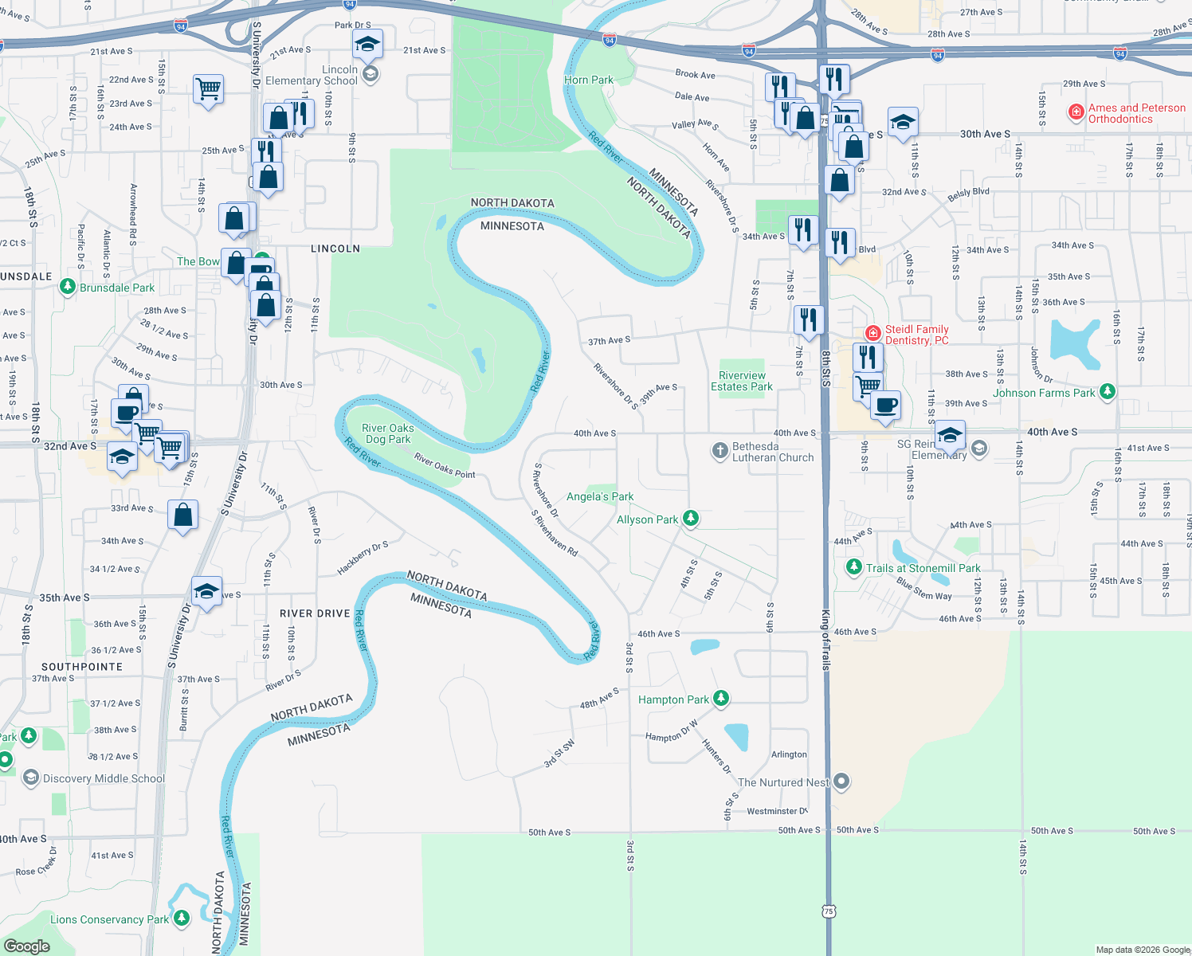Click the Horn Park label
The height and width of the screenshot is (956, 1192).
(589, 80)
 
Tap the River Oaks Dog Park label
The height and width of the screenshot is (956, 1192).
(388, 433)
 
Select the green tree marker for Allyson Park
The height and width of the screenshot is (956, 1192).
(691, 519)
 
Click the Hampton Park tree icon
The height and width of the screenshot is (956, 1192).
(721, 699)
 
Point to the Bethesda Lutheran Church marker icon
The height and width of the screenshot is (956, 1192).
(720, 452)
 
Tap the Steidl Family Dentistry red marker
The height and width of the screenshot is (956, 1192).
(873, 334)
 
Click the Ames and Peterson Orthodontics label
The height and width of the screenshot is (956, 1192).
(1136, 113)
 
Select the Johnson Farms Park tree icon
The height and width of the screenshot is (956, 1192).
(1107, 392)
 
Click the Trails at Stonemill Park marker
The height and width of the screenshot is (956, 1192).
(854, 567)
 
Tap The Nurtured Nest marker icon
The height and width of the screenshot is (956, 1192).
(841, 782)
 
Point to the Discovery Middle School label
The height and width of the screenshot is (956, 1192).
(104, 778)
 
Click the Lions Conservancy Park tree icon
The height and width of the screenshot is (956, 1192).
(182, 919)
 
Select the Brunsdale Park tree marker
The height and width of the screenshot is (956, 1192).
(68, 287)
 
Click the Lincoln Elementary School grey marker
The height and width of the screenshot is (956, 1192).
(370, 75)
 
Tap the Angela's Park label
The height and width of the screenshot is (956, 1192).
(600, 496)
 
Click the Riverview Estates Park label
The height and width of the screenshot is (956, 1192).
(742, 381)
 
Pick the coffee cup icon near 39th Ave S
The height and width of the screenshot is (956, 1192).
(886, 405)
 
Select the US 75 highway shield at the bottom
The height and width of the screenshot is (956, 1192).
(829, 911)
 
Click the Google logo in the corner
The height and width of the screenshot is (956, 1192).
(26, 946)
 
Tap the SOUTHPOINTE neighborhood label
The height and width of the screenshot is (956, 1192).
(82, 667)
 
